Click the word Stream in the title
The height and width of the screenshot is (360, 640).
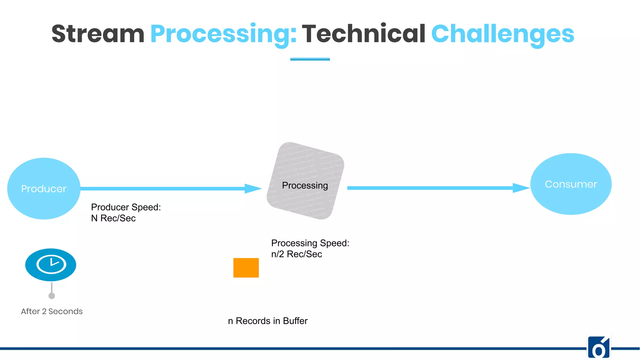[x=98, y=34]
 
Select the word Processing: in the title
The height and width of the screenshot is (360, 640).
[x=223, y=34]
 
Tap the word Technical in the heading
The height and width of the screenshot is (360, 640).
[x=363, y=34]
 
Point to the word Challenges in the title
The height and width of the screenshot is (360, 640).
[x=502, y=34]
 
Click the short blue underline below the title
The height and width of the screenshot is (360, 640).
[x=310, y=59]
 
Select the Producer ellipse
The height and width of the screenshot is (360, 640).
[x=44, y=188]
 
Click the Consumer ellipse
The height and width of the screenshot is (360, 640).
[x=571, y=184]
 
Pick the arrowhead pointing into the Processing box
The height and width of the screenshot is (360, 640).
[x=253, y=188]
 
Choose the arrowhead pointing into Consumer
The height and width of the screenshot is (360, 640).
[x=521, y=188]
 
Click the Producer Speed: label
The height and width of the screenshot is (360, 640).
[x=126, y=207]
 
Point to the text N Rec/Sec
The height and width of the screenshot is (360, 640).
[x=113, y=218]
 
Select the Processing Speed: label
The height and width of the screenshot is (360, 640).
[x=310, y=243]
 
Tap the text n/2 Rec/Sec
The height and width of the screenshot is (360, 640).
[x=296, y=254]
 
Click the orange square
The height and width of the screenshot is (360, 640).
[x=246, y=268]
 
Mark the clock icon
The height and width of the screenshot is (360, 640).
[x=51, y=265]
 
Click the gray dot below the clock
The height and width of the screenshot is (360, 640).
[x=52, y=296]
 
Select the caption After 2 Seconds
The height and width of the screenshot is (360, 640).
[x=52, y=311]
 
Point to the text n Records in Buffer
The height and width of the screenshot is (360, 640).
[x=267, y=321]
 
